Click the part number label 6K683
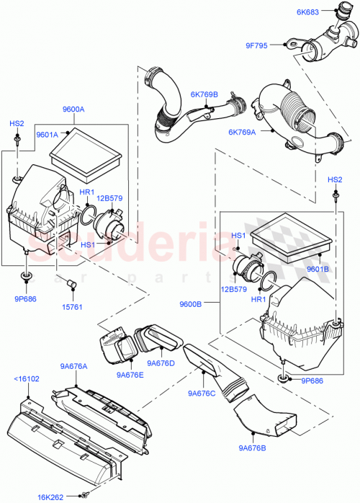pyautogui.click(x=307, y=12)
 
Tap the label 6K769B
pyautogui.click(x=204, y=94)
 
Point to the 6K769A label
pyautogui.click(x=243, y=131)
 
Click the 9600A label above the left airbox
pyautogui.click(x=73, y=110)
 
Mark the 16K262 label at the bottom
pyautogui.click(x=50, y=496)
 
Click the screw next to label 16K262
pyautogui.click(x=86, y=495)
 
